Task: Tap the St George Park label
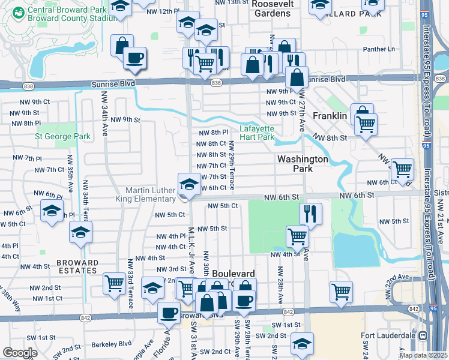pos(62,137)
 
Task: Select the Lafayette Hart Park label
pos(257,133)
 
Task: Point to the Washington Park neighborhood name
pos(303,164)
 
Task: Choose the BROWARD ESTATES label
pos(77,266)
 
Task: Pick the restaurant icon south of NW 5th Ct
pos(310,214)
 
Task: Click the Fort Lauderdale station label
pos(389,335)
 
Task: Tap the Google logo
pos(20,352)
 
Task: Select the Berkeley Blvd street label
pos(112,345)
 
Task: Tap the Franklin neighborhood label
pos(330,116)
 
